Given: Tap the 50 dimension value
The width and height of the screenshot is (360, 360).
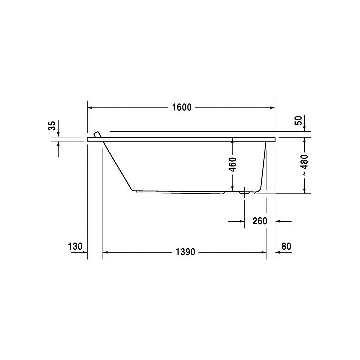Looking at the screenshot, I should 298,120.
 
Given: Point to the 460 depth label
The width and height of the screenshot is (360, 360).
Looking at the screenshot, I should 232,164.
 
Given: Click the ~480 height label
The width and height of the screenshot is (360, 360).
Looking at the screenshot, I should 305,165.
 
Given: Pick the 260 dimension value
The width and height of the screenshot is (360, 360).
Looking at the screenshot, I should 260,221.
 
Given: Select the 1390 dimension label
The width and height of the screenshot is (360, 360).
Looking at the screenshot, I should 184,253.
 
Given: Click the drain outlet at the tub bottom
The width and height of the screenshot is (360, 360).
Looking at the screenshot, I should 245,191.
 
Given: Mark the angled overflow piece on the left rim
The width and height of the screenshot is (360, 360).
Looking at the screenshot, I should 97,134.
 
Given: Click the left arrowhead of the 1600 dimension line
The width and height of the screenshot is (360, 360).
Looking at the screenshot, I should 90,108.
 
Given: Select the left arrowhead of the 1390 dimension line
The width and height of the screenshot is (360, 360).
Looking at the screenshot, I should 105,253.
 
